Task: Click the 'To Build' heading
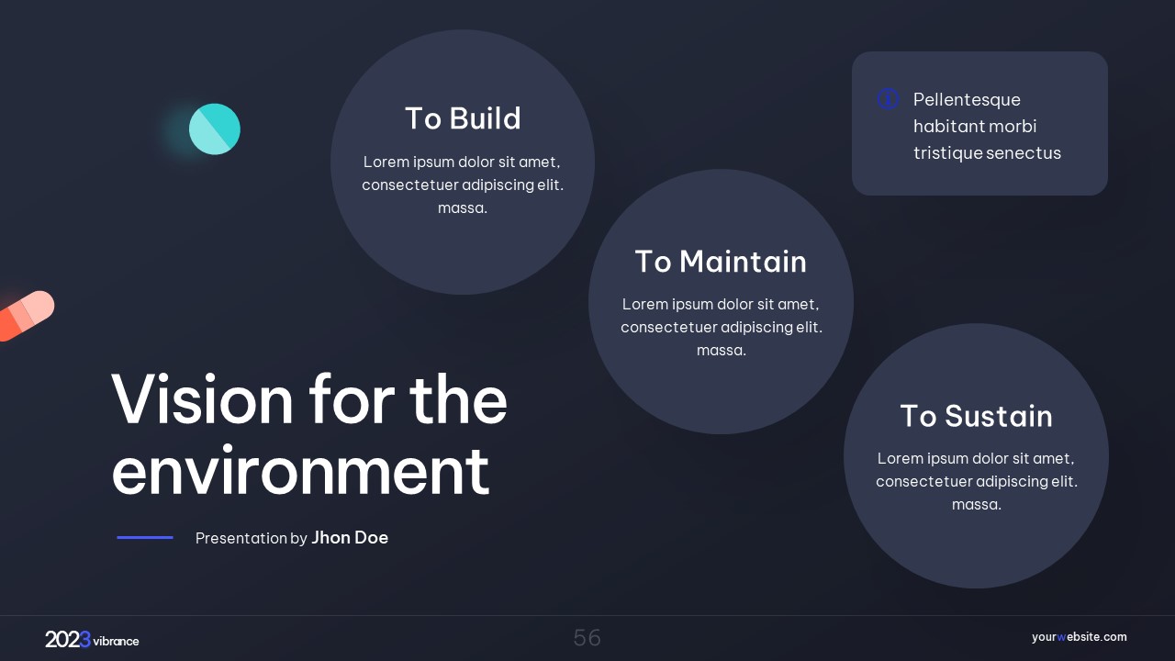463,118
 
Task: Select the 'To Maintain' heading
721,262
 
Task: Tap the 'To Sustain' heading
976,416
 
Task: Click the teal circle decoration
215,129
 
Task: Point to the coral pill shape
27,316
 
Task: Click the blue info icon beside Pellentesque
888,98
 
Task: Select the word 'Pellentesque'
967,100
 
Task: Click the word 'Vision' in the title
202,399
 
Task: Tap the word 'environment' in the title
300,470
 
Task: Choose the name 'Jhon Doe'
350,538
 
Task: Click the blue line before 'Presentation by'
145,537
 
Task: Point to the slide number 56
587,638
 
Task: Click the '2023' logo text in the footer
68,640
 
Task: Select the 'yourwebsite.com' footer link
1079,637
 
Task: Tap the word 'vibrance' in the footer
116,641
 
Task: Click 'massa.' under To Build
463,208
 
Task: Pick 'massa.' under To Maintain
722,351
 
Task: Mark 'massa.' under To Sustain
977,505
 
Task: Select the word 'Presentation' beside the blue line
241,538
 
